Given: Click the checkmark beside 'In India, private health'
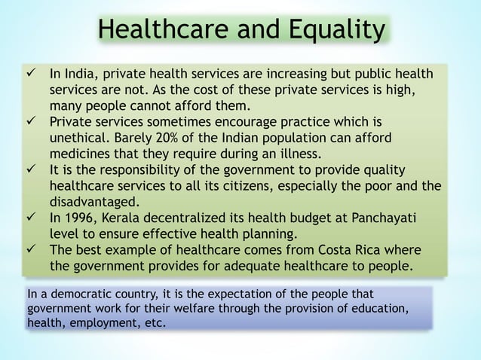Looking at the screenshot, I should (x=29, y=75).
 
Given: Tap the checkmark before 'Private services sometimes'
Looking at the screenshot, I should (x=29, y=121).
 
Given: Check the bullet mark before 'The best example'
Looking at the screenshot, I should (x=29, y=250).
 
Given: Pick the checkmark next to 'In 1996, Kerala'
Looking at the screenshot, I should (x=29, y=218).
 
